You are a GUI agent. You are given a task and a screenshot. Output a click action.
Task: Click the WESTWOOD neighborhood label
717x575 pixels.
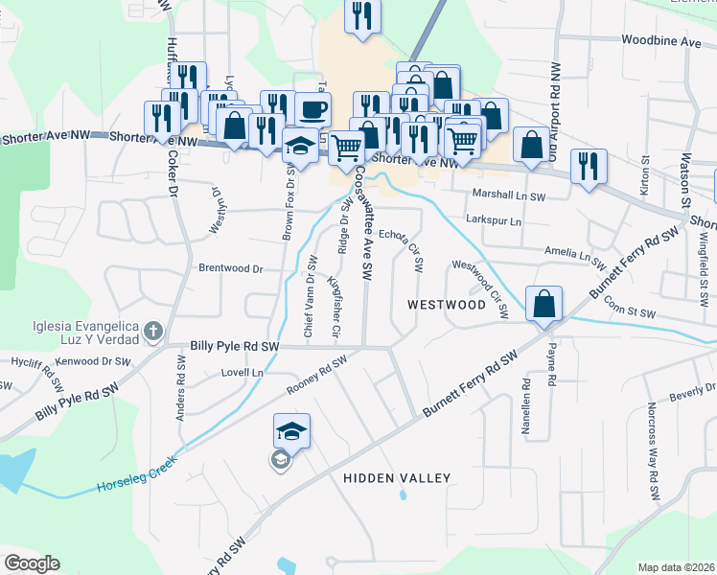tap(446, 304)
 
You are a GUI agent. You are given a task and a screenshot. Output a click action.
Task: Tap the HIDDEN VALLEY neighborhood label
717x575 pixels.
tap(397, 477)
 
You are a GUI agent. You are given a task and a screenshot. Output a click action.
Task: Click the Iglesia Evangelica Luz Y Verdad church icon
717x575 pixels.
tap(152, 333)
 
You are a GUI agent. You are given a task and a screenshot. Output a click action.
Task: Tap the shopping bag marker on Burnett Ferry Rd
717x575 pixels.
tap(544, 306)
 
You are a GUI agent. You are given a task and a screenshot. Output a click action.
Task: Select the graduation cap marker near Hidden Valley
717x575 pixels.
tap(291, 431)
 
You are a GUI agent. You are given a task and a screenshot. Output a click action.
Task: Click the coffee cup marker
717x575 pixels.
tap(312, 109)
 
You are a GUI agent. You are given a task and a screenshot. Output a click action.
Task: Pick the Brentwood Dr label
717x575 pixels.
tap(230, 269)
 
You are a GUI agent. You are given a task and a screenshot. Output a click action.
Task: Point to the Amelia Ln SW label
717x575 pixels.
tap(575, 254)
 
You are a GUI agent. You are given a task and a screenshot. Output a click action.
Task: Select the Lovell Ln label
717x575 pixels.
tap(242, 372)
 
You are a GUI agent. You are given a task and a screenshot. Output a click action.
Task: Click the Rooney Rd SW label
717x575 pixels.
tap(315, 377)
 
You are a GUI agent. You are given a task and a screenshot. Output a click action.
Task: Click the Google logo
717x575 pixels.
tap(33, 563)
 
